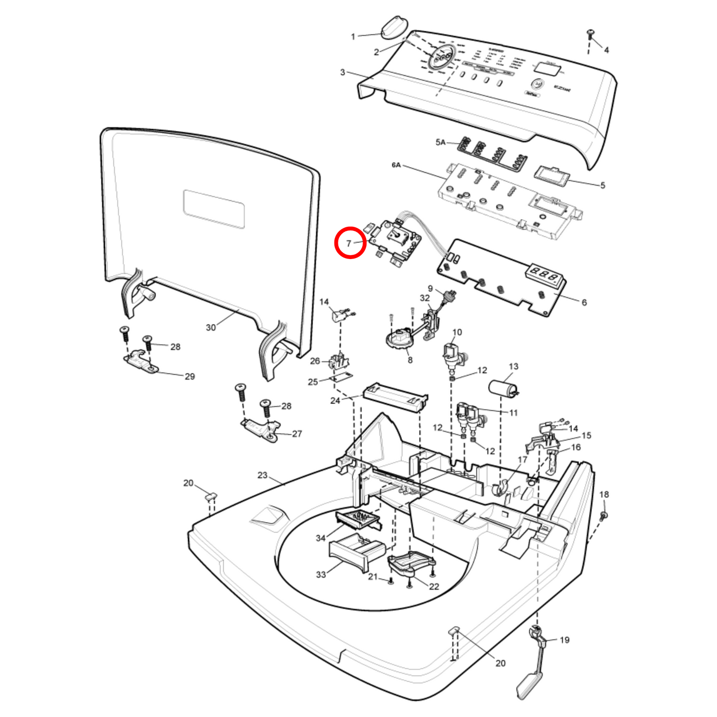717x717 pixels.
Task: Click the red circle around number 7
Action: pyautogui.click(x=350, y=243)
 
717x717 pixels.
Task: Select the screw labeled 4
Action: pyautogui.click(x=590, y=34)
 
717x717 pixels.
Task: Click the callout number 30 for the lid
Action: pyautogui.click(x=211, y=327)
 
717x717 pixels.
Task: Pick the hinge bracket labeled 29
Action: pyautogui.click(x=141, y=361)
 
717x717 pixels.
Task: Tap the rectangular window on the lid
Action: pyautogui.click(x=214, y=209)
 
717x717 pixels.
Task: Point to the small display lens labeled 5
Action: pyautogui.click(x=551, y=175)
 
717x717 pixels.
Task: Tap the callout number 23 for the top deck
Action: pyautogui.click(x=262, y=475)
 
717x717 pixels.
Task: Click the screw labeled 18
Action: pyautogui.click(x=604, y=515)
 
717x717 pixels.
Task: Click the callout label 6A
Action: pyautogui.click(x=396, y=165)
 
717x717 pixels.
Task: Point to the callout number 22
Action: pyautogui.click(x=434, y=587)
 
